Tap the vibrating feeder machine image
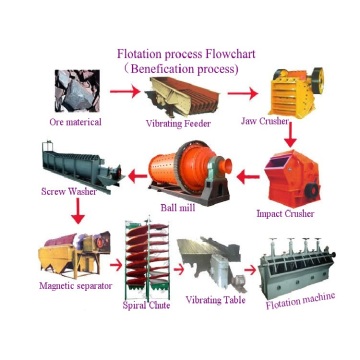[x=181, y=97]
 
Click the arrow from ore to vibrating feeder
[x=123, y=93]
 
